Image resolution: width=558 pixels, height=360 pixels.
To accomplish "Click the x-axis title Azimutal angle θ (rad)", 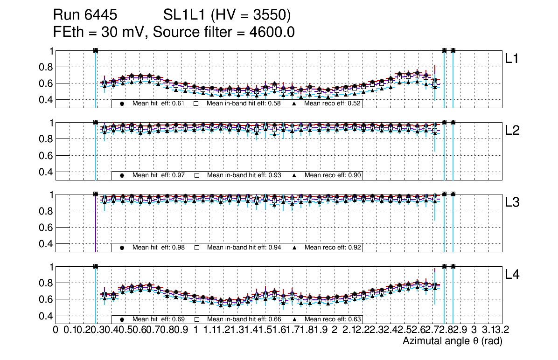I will click(x=452, y=342).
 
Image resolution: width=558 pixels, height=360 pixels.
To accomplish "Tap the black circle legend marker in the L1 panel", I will click(x=122, y=104).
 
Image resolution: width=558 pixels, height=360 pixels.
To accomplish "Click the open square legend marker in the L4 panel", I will click(x=197, y=319).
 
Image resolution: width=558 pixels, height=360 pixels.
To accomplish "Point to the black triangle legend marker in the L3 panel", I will click(x=294, y=247).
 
